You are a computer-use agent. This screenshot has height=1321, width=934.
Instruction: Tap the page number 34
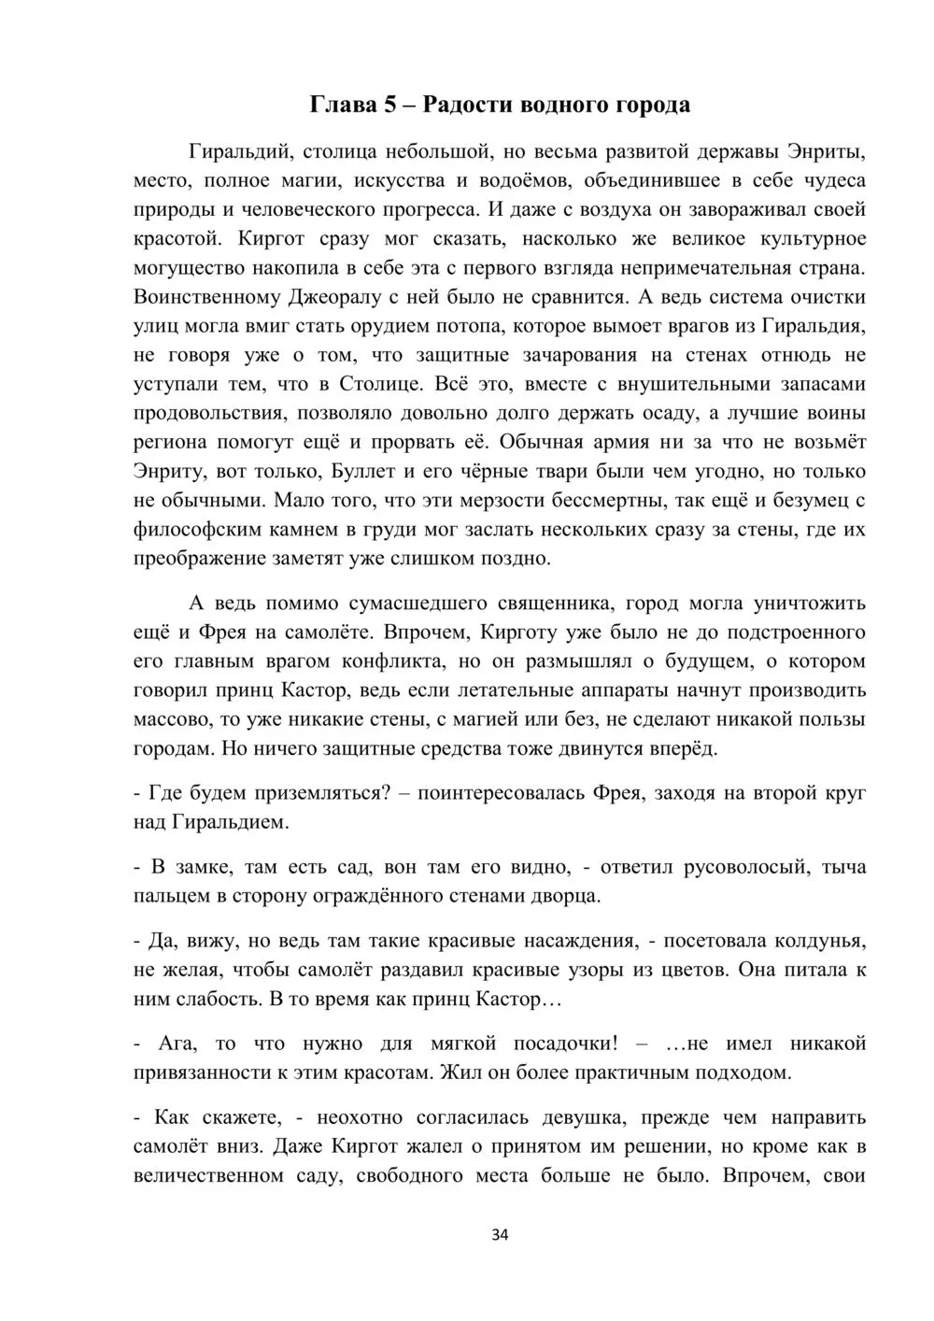click(499, 1235)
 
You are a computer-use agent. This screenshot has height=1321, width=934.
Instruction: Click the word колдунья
click(819, 940)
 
